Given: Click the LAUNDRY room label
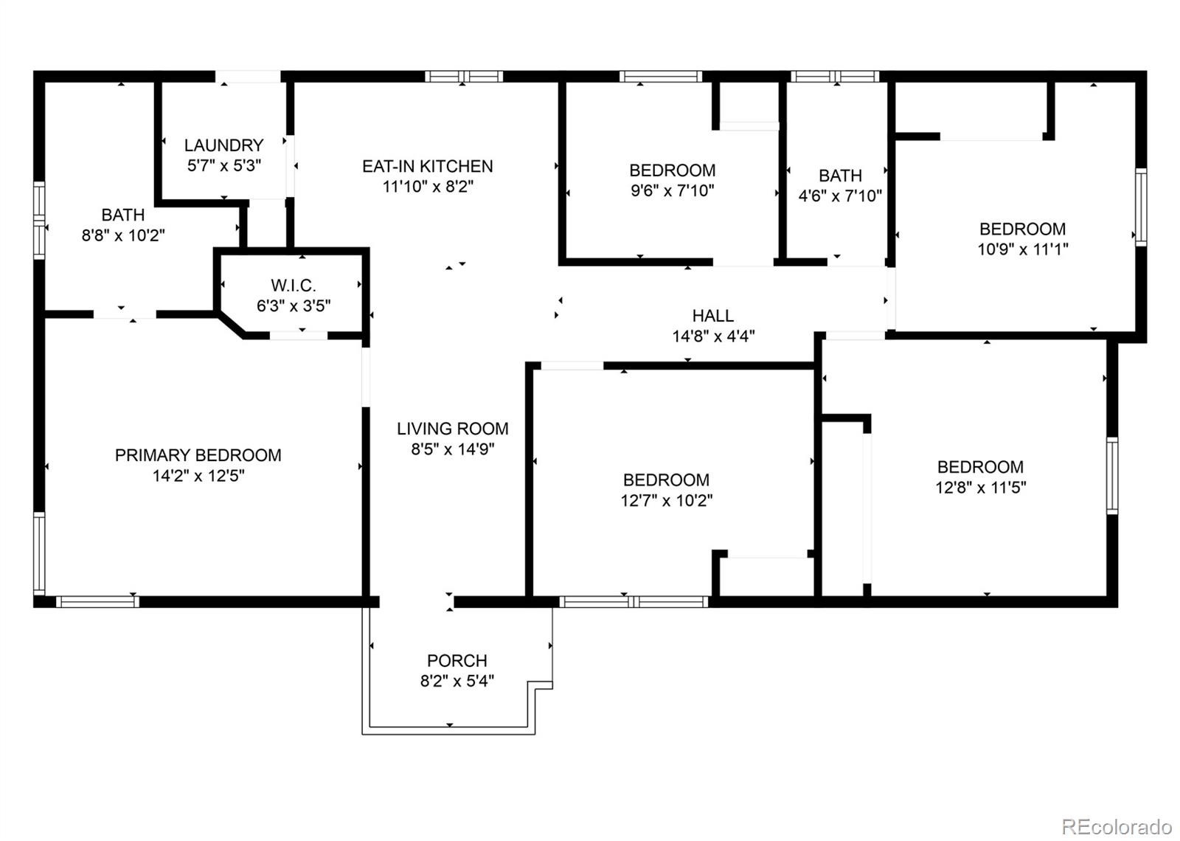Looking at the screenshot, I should click(x=223, y=145).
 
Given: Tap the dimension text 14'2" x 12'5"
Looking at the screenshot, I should click(x=198, y=476).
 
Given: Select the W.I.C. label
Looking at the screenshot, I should click(x=294, y=285).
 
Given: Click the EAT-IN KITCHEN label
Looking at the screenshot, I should click(x=427, y=166).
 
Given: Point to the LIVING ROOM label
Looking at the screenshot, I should click(x=452, y=429).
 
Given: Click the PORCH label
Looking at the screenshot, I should click(x=457, y=660).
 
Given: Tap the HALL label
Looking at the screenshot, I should click(x=712, y=316).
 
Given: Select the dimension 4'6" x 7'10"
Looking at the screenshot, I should click(x=840, y=196).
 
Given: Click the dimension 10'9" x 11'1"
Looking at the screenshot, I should click(x=1022, y=249).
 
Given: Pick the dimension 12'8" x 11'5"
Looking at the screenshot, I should click(x=980, y=488).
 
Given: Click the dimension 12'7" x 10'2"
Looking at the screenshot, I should click(x=666, y=500).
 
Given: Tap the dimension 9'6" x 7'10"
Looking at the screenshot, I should click(x=672, y=190).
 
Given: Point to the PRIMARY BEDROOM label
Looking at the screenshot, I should click(x=198, y=455).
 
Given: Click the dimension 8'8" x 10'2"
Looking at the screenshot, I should click(x=122, y=235).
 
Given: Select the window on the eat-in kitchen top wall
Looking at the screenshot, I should click(x=464, y=76).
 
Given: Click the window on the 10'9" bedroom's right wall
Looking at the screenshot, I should click(x=1141, y=207).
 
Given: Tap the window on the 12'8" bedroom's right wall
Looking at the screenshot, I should click(x=1112, y=475).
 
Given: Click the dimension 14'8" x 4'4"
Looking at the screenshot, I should click(x=712, y=336).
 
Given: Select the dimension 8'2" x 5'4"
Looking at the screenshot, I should click(x=457, y=681).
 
